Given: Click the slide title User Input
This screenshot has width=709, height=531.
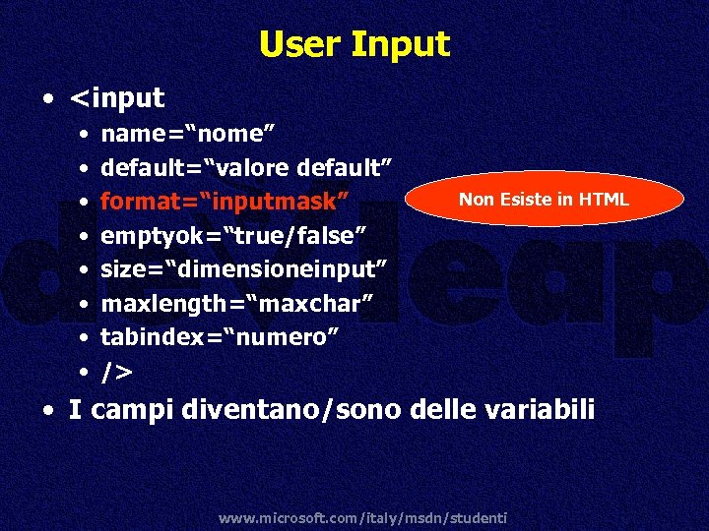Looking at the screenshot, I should point(354,44).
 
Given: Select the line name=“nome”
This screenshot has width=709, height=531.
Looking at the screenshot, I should point(187,133).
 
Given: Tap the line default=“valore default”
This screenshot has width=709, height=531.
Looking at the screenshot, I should point(247,167).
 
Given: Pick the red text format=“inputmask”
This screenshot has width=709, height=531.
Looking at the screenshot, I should point(226,202).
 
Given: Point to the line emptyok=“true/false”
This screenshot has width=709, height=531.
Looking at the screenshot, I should point(234,236).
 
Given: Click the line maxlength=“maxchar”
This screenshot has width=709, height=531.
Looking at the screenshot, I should point(236,304).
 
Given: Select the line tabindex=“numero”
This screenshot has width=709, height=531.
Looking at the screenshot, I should point(221,338).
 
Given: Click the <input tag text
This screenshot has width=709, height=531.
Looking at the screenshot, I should point(117,98).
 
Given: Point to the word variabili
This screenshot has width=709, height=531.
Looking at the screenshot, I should point(543,408).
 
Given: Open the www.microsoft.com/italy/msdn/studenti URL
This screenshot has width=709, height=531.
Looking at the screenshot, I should point(363,517).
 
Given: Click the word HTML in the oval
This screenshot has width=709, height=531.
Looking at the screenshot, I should point(604,200).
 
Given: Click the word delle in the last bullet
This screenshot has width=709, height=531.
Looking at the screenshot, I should point(443,408).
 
